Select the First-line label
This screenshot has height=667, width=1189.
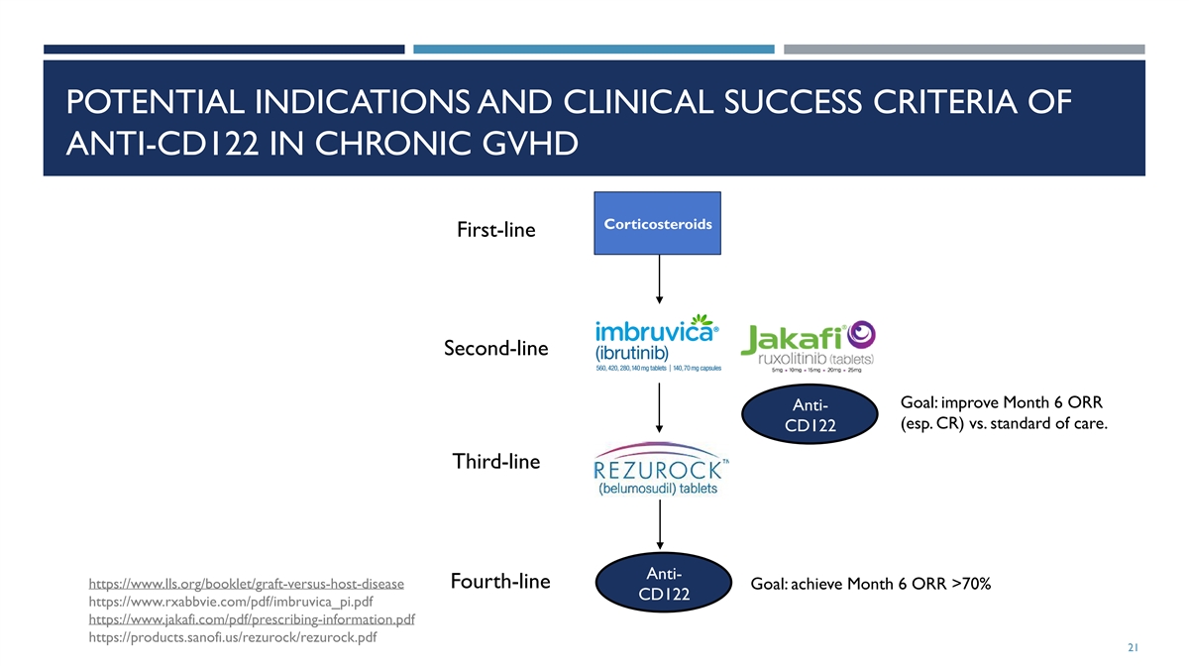[495, 230]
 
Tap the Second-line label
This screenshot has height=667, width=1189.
[495, 349]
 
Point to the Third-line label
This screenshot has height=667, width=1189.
[495, 461]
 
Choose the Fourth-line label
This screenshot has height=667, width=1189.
[500, 581]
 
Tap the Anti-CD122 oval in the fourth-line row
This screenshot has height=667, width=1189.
[660, 584]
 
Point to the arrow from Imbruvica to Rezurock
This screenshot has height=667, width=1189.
[659, 406]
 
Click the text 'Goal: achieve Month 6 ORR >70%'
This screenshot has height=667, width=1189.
[871, 584]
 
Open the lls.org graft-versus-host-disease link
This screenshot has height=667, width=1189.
[246, 583]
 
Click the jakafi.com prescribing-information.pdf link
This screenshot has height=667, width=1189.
[251, 619]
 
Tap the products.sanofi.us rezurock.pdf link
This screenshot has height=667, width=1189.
[232, 637]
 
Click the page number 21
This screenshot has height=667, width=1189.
[1134, 648]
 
